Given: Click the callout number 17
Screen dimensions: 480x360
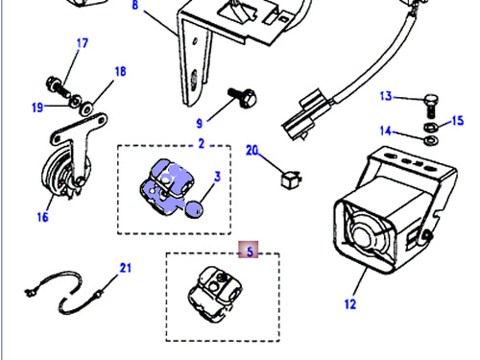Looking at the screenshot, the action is [x=83, y=43].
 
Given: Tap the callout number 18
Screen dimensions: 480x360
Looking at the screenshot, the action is [x=120, y=71].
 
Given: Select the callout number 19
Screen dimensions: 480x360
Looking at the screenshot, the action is [x=37, y=108].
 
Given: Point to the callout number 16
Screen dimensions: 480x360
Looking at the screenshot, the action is [x=42, y=217].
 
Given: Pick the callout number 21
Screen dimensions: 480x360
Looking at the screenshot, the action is [x=126, y=268].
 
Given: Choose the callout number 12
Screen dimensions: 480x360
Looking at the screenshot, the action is [x=350, y=304].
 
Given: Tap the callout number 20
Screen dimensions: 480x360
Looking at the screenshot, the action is [x=252, y=150].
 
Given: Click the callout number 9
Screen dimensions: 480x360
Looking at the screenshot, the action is [x=200, y=123].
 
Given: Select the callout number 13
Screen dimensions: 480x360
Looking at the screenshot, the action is [x=386, y=96].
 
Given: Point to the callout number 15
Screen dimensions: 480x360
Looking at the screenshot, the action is [x=458, y=121].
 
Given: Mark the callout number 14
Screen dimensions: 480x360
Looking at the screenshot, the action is [x=386, y=131].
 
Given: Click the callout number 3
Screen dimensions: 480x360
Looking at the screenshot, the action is [x=218, y=177].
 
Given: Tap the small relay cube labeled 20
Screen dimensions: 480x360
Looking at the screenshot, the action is [x=291, y=180].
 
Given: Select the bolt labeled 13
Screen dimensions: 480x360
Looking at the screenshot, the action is [x=431, y=106].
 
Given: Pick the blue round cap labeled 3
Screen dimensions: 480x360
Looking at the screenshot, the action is [x=194, y=209].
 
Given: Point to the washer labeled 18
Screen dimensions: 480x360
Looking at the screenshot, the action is [x=86, y=108].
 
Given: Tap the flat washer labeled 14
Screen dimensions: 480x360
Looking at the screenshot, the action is [x=431, y=140].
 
